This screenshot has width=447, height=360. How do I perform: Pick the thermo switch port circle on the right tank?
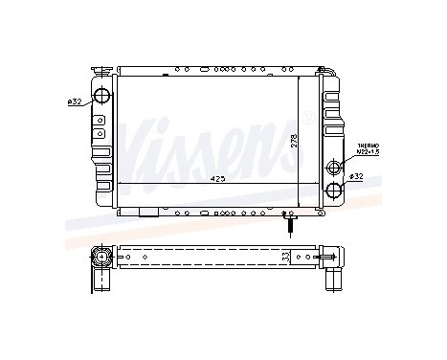333,167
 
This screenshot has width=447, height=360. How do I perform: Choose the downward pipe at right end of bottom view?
334,277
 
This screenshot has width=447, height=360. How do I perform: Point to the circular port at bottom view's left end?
101,256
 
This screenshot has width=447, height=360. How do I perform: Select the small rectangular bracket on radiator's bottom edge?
147,212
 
